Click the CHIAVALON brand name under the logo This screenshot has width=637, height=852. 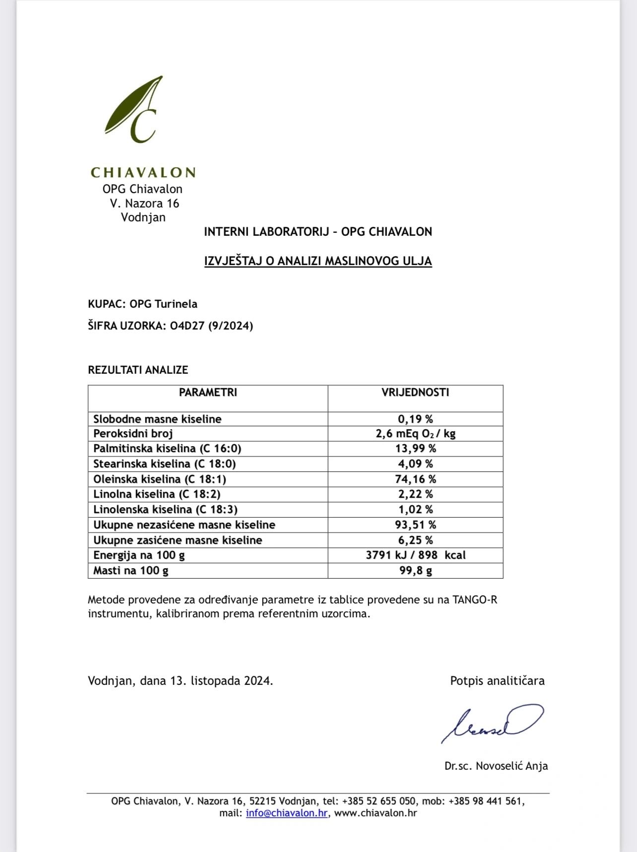pos(143,173)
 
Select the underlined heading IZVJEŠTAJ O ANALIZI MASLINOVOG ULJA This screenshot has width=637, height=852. pos(318,261)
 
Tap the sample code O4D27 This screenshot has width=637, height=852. pos(188,326)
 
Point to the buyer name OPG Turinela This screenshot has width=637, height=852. pos(163,304)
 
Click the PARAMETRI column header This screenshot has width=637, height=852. pos(208,393)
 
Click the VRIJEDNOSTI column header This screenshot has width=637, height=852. pos(415,393)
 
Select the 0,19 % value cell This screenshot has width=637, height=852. pos(415,419)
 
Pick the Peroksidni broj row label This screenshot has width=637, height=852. pos(133,434)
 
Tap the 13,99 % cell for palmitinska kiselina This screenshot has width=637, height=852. pos(415,449)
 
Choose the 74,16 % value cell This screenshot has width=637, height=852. pos(415,479)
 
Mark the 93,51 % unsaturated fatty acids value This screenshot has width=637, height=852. pos(415,525)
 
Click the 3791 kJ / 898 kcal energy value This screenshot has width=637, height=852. pos(415,555)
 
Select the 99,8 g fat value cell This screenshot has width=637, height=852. pos(415,571)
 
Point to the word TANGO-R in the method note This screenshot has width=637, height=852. pos(474,600)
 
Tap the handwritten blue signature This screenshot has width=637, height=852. pos(491,723)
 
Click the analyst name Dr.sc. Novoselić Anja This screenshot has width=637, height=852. pos(496,766)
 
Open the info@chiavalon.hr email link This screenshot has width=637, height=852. pos(287,813)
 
